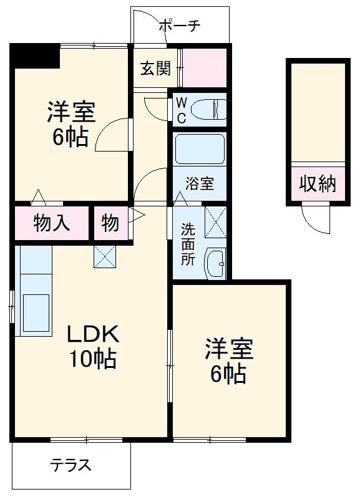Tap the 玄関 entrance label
(155, 68)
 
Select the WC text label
(180, 110)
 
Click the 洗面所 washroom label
(188, 243)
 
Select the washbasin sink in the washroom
(216, 263)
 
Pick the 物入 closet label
(52, 223)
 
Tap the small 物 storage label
(110, 223)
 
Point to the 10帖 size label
(94, 359)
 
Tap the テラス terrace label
(72, 465)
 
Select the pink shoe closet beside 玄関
(205, 68)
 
